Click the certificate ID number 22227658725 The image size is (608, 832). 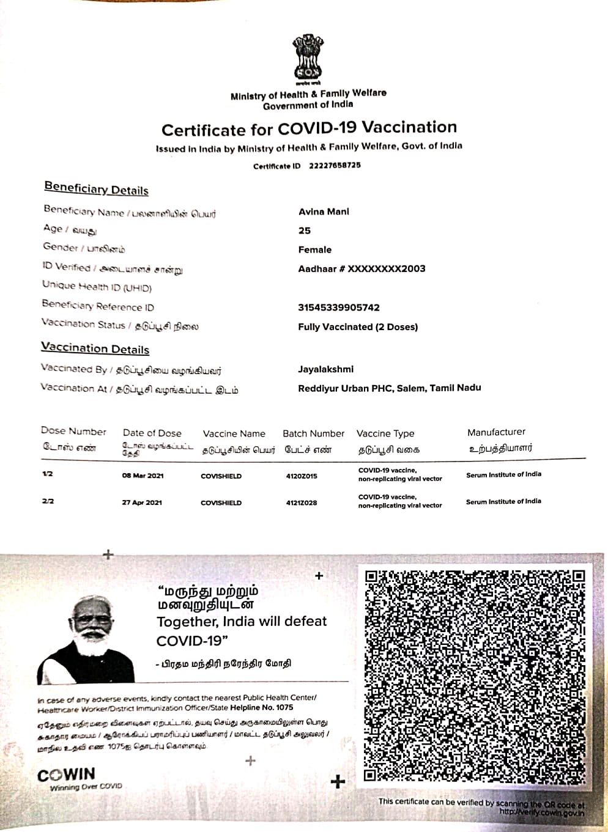point(335,166)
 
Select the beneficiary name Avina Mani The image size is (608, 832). point(324,212)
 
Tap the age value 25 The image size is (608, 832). point(305,231)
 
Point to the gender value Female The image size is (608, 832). point(315,250)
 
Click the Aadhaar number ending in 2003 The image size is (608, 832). point(361,269)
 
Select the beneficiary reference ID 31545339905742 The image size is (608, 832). point(339,307)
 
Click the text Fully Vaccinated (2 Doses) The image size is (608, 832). point(358,327)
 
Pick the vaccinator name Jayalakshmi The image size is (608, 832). point(325,369)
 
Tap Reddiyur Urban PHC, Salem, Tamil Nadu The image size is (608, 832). point(389,388)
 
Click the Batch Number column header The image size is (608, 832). point(313,433)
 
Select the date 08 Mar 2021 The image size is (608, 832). point(143,476)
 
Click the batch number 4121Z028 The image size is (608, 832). point(302,503)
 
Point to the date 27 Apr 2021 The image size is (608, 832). point(142,503)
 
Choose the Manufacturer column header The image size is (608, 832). point(496,432)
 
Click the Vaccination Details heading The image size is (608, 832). point(95,348)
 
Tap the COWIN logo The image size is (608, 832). point(67,776)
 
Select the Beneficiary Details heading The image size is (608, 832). point(96,189)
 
